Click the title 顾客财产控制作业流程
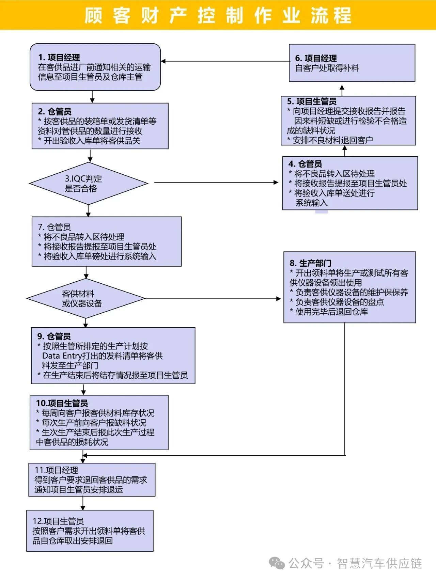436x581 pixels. [218, 15]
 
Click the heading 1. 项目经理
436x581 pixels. [59, 57]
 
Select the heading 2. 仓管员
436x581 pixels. [54, 111]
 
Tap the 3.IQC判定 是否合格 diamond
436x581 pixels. [88, 183]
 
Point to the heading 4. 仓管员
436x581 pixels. [305, 164]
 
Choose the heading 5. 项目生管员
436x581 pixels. [311, 101]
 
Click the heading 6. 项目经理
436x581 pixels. [316, 58]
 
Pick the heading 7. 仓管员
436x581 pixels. [54, 227]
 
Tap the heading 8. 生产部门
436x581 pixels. [310, 263]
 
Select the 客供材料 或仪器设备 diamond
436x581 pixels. [85, 298]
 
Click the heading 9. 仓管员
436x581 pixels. [54, 336]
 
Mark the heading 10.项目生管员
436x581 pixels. [62, 403]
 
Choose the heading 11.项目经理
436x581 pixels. [56, 470]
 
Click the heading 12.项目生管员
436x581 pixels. [58, 521]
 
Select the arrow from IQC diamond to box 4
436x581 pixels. [216, 183]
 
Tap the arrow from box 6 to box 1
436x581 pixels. [225, 61]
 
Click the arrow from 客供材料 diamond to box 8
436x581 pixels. [213, 299]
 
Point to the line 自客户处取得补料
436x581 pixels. [327, 68]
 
